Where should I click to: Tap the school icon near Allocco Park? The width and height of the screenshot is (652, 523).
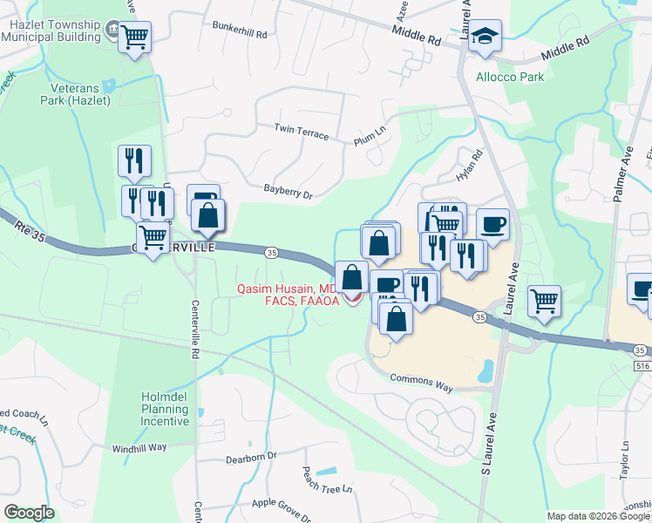[x=485, y=37]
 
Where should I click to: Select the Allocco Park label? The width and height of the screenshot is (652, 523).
[x=510, y=77]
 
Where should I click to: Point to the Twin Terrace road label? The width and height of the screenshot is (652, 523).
[x=302, y=132]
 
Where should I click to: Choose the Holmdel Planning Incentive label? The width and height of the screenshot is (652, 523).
[x=165, y=409]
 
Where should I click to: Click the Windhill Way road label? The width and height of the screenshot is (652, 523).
[x=139, y=448]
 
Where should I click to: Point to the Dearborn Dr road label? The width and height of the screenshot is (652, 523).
[x=250, y=456]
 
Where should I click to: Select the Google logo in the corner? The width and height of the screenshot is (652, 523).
[x=29, y=512]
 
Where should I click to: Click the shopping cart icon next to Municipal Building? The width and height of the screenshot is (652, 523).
[x=134, y=37]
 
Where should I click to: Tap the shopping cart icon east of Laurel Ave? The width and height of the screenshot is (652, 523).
[x=544, y=302]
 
